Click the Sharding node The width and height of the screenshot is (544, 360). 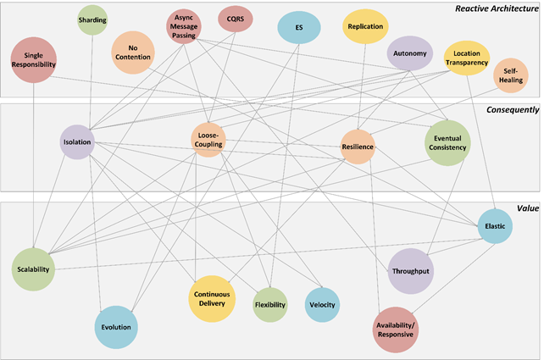(x=92, y=19)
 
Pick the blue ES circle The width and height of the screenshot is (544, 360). (x=299, y=27)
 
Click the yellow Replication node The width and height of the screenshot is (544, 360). (x=365, y=26)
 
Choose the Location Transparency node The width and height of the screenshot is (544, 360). (x=467, y=58)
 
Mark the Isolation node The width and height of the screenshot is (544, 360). (x=77, y=142)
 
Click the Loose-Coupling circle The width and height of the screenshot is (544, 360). (x=209, y=140)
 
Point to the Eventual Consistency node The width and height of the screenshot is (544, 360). (x=447, y=142)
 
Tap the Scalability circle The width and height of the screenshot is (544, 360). (x=33, y=269)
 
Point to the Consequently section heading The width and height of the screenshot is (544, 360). (x=513, y=110)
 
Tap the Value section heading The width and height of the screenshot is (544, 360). (x=527, y=208)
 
